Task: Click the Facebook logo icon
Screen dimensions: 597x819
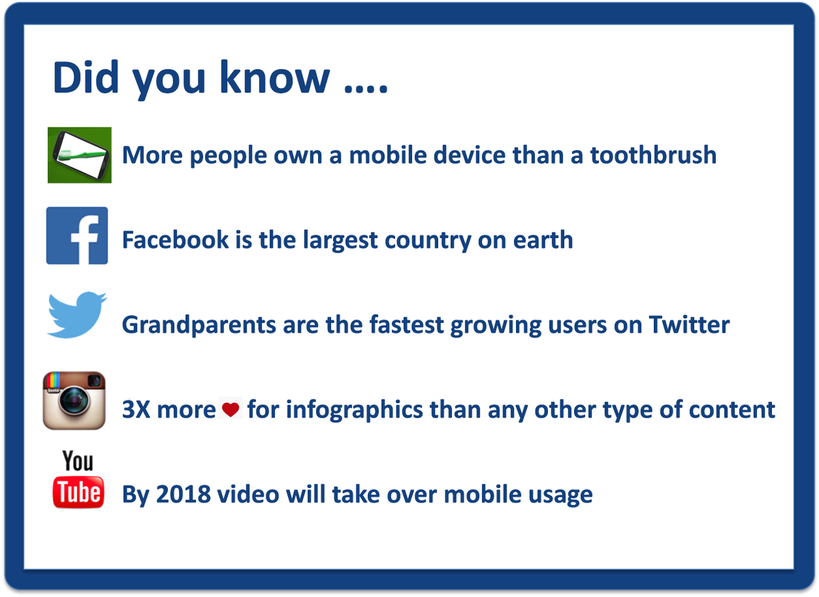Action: (x=77, y=235)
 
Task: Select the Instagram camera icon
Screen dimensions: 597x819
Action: (x=74, y=401)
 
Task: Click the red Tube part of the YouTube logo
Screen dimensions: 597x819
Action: (x=78, y=492)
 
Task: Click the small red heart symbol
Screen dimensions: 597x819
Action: (x=232, y=410)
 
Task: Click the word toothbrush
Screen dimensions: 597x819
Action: (x=653, y=155)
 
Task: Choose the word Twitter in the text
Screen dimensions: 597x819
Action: (x=689, y=325)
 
